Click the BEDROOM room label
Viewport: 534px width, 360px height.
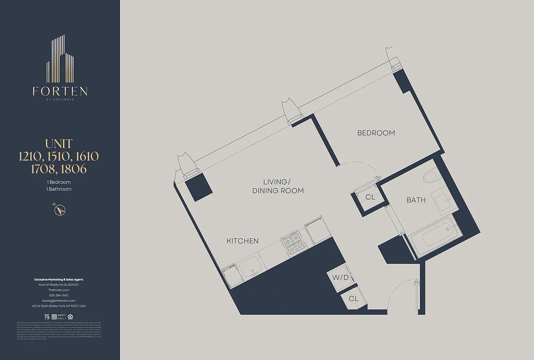click(376, 133)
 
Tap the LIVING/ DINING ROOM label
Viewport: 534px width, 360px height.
click(277, 186)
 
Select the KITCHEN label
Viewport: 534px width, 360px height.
click(242, 241)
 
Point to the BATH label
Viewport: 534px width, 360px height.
click(416, 200)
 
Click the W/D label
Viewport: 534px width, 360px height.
click(341, 278)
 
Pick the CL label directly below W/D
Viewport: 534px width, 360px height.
click(353, 298)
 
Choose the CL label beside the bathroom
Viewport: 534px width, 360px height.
click(370, 197)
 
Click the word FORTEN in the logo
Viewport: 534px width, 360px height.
click(60, 91)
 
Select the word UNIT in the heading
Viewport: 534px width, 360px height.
click(59, 144)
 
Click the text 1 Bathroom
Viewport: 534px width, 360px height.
click(59, 189)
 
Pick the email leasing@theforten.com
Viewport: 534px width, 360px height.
click(59, 301)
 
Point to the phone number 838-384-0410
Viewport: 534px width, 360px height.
click(59, 295)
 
